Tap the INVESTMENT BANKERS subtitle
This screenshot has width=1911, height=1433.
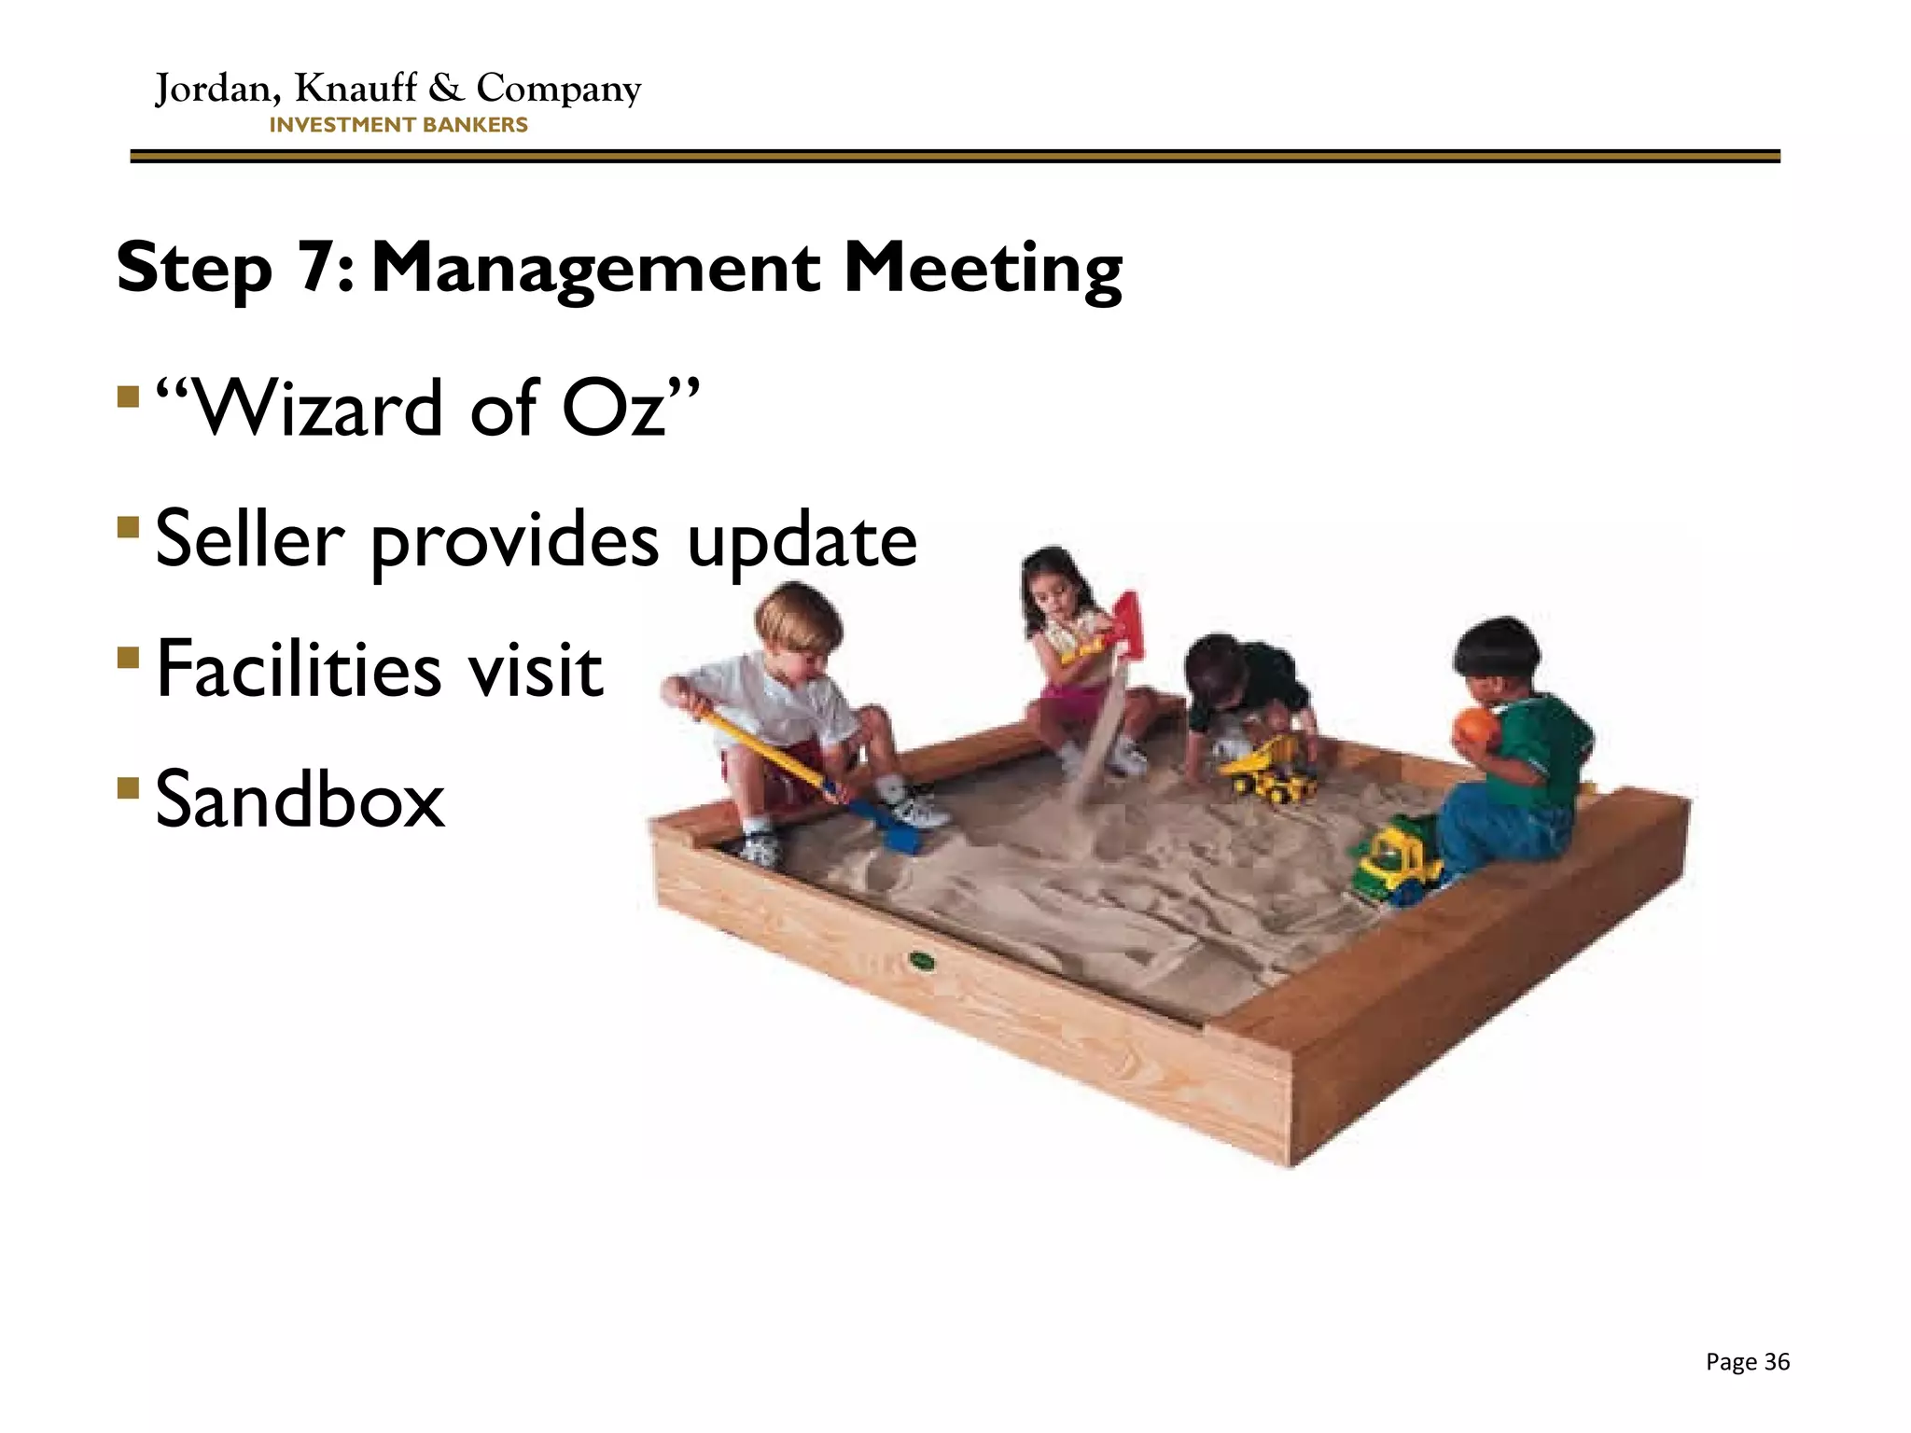pos(398,125)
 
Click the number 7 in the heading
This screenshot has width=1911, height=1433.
pos(320,267)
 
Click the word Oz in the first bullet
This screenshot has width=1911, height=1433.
pos(613,409)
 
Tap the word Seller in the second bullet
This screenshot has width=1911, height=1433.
pos(249,538)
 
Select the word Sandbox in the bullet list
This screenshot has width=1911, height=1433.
pos(300,800)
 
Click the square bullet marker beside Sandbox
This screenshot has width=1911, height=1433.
pos(128,787)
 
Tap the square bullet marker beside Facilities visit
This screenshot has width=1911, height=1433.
pos(128,658)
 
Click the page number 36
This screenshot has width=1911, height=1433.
pos(1777,1362)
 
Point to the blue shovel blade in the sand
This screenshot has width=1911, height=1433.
pos(898,836)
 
